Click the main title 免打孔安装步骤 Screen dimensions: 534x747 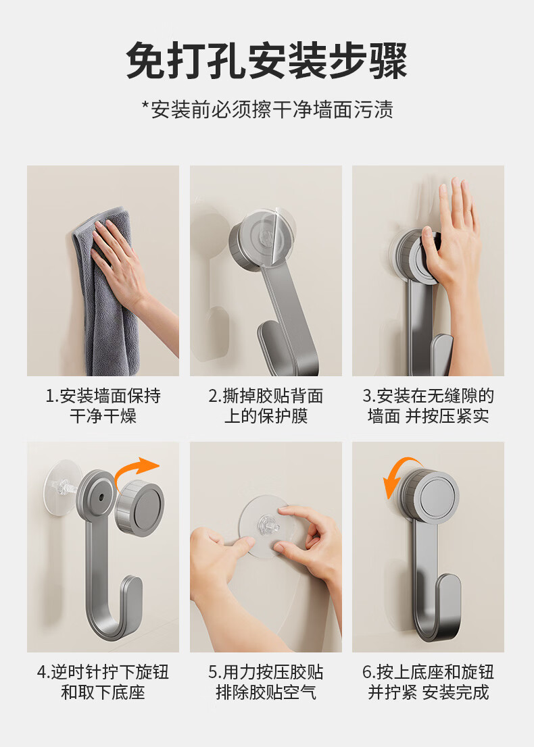(x=266, y=61)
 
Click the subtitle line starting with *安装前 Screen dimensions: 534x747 (x=268, y=109)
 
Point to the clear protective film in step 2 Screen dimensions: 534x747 (x=267, y=234)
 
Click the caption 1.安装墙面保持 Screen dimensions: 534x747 (x=103, y=396)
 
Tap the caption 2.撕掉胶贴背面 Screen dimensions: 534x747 (x=266, y=396)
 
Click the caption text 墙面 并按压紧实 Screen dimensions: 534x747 (x=428, y=416)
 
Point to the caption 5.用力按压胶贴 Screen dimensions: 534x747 (x=266, y=672)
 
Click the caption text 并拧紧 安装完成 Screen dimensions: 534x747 (x=428, y=692)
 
